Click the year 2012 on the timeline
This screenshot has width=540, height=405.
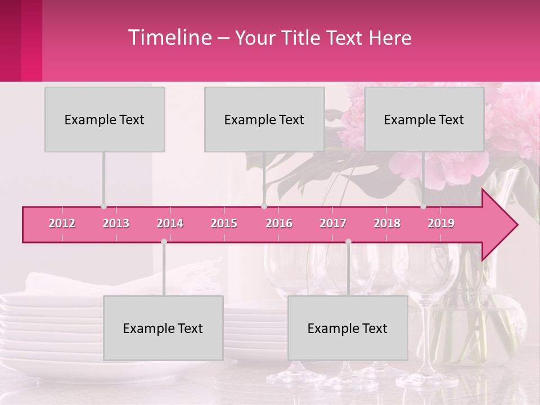pyautogui.click(x=62, y=223)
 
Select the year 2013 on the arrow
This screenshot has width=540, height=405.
pyautogui.click(x=116, y=223)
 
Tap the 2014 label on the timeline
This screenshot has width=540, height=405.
pyautogui.click(x=170, y=223)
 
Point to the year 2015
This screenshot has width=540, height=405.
pyautogui.click(x=224, y=223)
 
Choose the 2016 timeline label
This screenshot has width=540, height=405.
pyautogui.click(x=279, y=223)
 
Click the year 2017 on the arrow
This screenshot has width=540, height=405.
pyautogui.click(x=333, y=223)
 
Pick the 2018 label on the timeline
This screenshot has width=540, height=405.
pyautogui.click(x=387, y=223)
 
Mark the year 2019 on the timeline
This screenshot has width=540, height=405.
pyautogui.click(x=441, y=223)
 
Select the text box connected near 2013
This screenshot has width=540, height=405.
pyautogui.click(x=105, y=119)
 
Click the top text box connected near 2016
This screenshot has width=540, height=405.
pyautogui.click(x=264, y=119)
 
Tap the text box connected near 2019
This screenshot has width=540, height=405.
pyautogui.click(x=424, y=119)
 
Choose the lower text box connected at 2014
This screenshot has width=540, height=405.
pyautogui.click(x=163, y=328)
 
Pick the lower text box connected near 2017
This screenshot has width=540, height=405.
pyautogui.click(x=348, y=328)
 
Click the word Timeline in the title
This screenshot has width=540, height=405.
pyautogui.click(x=169, y=38)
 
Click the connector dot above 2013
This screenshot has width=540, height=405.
pyautogui.click(x=103, y=206)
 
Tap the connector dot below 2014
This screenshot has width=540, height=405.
pyautogui.click(x=164, y=241)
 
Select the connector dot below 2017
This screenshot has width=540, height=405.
pyautogui.click(x=348, y=241)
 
